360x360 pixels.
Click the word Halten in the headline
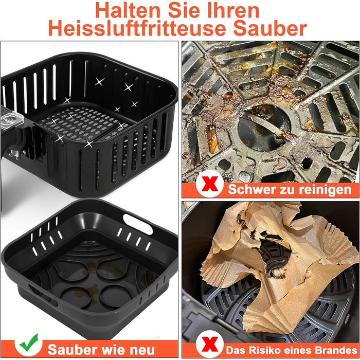point(128,10)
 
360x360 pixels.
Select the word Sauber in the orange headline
point(270,28)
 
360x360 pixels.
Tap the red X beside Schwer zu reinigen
point(210,184)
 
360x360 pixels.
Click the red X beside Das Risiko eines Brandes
point(210,345)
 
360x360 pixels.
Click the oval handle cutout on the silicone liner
point(138,224)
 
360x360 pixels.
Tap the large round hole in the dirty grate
point(264,128)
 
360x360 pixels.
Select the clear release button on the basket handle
point(11,119)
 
